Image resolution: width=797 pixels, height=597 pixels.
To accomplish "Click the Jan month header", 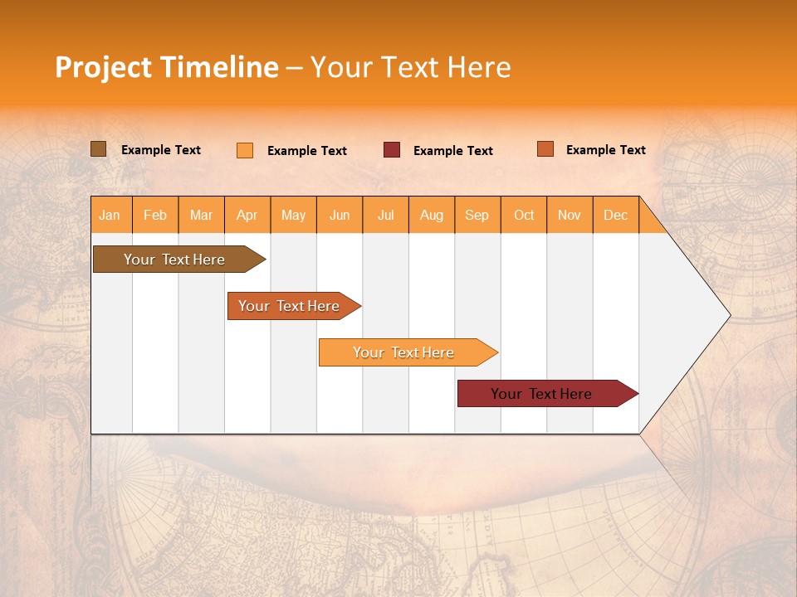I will [x=110, y=215].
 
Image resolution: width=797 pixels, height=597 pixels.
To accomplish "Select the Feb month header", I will [x=155, y=215].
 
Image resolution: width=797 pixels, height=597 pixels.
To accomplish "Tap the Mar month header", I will [x=201, y=215].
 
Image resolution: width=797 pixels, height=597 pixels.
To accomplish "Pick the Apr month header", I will [x=247, y=215].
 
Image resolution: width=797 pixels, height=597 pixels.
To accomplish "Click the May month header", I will [x=293, y=215].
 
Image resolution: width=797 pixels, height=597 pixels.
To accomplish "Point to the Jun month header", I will [x=340, y=215].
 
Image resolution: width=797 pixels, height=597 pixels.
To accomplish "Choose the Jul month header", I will [x=385, y=215].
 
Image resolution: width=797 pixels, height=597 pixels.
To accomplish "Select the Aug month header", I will [x=432, y=215].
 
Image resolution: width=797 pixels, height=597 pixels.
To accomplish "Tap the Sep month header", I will [x=477, y=215].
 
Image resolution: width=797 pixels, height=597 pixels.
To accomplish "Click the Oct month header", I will [x=524, y=215].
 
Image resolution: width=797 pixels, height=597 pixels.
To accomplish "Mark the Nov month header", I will [x=570, y=215].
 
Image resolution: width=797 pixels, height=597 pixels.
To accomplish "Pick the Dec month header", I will [x=615, y=215].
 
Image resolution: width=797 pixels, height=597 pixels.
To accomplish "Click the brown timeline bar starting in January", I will [x=174, y=260].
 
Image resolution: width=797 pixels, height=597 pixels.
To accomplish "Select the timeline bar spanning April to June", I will [x=290, y=306].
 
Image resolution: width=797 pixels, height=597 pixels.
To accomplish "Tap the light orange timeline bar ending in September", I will [x=403, y=352].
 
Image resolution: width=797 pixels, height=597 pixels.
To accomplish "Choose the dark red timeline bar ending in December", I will [x=541, y=394].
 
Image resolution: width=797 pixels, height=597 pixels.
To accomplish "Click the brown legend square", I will [x=99, y=149].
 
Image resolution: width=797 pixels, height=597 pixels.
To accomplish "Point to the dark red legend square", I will [x=392, y=150].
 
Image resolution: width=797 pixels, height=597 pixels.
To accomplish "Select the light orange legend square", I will [x=245, y=150].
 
